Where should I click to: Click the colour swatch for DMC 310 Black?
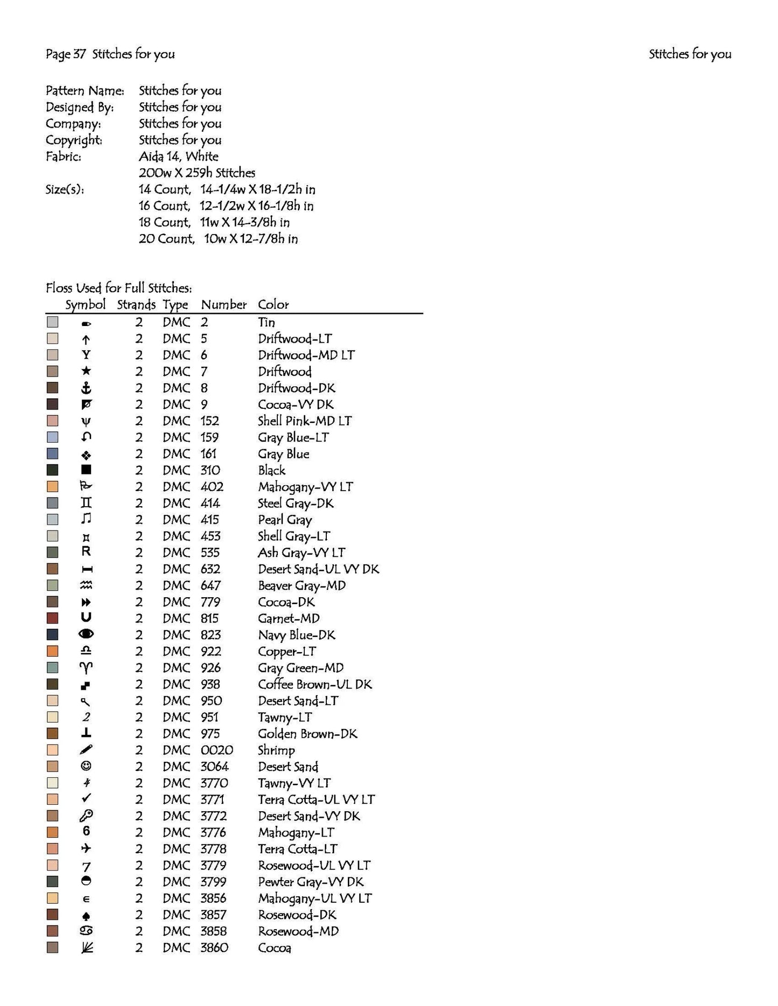click(52, 470)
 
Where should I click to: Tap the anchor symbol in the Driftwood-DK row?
click(86, 388)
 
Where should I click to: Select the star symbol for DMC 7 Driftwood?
click(86, 371)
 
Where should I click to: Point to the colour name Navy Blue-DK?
click(296, 635)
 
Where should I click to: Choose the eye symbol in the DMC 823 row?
click(86, 635)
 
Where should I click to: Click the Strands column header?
click(136, 304)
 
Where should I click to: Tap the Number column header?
click(223, 304)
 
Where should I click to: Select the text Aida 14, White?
click(179, 157)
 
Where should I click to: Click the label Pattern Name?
click(85, 90)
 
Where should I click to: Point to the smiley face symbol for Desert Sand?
click(86, 766)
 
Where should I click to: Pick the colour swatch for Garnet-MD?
click(52, 618)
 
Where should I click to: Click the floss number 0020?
click(216, 750)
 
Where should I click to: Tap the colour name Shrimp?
click(276, 750)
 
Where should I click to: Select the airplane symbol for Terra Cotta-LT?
click(86, 848)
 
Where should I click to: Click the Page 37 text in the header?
click(65, 54)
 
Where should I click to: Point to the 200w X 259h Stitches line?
click(197, 173)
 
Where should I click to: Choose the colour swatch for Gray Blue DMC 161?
click(52, 454)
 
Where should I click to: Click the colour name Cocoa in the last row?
click(275, 948)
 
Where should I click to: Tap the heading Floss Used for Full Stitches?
click(118, 288)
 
